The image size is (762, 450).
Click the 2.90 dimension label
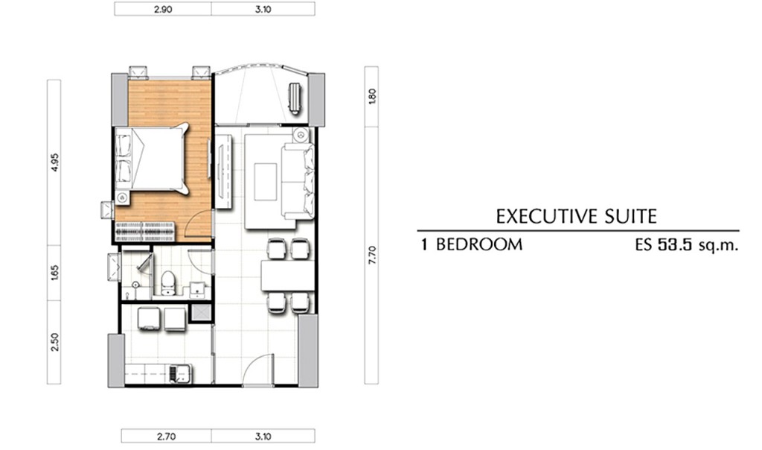[x=163, y=9]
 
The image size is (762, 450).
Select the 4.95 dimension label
[x=54, y=162]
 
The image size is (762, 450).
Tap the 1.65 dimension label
[x=54, y=273]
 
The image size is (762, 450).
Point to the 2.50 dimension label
[x=54, y=342]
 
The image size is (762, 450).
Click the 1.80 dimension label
[x=372, y=96]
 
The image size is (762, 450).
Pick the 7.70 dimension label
[x=372, y=255]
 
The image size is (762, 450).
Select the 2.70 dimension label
[x=166, y=437]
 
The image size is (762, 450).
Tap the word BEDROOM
[x=479, y=244]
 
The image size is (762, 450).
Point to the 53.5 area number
[x=674, y=244]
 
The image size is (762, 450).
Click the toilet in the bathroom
[x=167, y=282]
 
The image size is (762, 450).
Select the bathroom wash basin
[x=196, y=289]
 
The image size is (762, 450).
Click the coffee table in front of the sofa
[x=266, y=182]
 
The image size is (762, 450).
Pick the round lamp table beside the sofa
[x=301, y=134]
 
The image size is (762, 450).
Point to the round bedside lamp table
[x=122, y=197]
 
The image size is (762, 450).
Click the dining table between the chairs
[x=287, y=276]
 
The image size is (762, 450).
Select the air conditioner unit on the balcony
[x=295, y=98]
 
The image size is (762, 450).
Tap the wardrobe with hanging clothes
[x=145, y=232]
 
